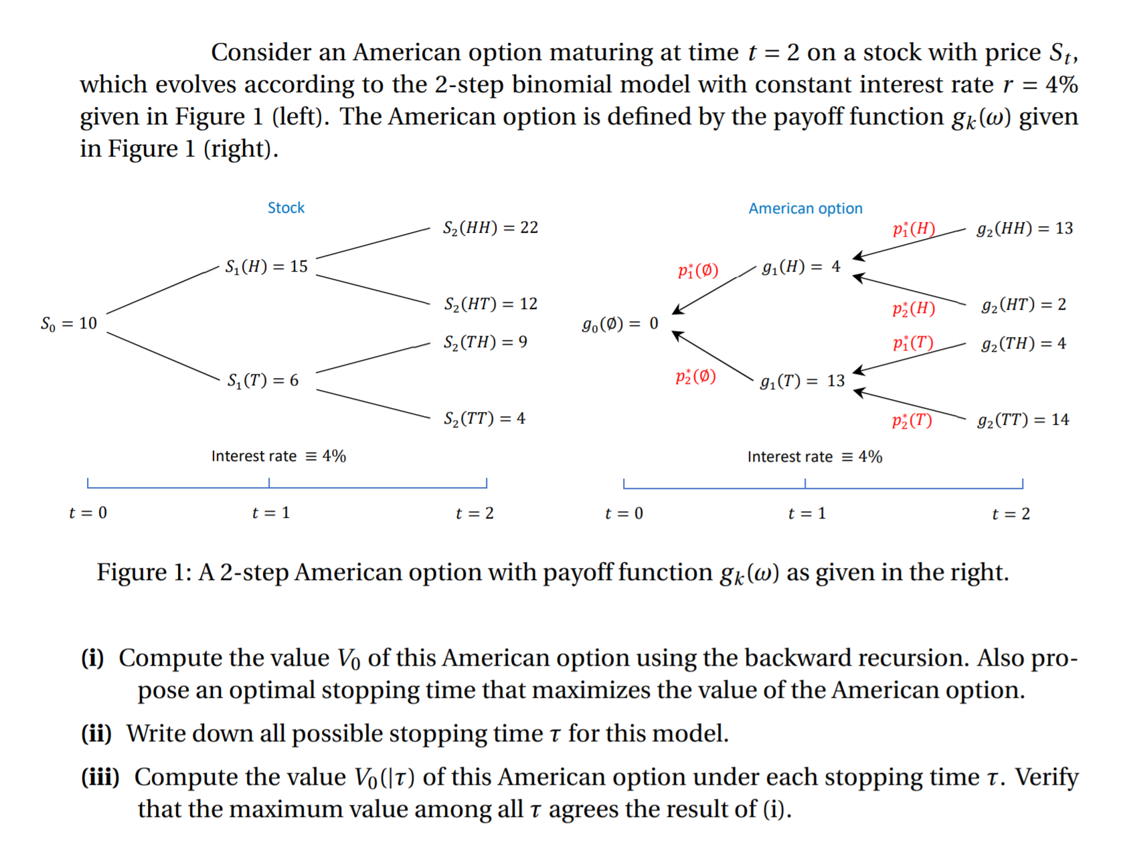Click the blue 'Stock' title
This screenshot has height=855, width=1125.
286,207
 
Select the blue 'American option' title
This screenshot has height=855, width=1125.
805,208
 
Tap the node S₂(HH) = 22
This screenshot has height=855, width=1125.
490,227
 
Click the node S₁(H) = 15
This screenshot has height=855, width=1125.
266,266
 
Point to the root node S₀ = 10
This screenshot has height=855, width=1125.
69,323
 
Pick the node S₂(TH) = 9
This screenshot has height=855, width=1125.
485,342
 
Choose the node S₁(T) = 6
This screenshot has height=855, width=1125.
262,380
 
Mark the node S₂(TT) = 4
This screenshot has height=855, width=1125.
484,418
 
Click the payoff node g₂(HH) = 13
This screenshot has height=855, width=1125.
1024,228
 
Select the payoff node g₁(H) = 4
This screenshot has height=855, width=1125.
800,266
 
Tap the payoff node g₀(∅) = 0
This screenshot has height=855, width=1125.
620,324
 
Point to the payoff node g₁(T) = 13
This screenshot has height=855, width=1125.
802,381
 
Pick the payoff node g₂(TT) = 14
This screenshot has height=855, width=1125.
1023,419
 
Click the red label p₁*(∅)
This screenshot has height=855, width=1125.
697,270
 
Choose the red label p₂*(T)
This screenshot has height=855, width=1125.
912,420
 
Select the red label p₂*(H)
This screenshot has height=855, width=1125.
913,308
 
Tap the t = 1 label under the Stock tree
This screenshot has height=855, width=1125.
270,512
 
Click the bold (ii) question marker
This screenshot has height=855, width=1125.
96,733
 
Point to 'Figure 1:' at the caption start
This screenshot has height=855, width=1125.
144,572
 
